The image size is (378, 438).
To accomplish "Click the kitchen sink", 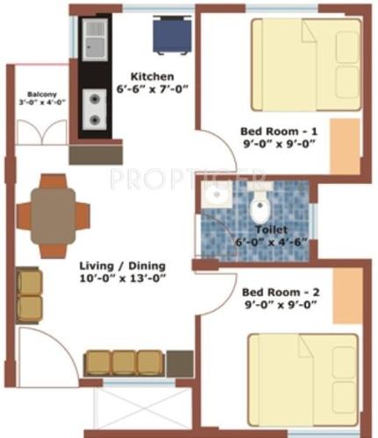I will (x=95, y=39).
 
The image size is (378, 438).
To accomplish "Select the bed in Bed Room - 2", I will (x=299, y=376).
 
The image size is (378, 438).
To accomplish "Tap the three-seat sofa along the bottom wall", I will (x=124, y=363).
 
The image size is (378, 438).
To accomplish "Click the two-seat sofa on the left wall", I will (x=30, y=294).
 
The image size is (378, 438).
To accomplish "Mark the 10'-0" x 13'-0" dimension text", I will (x=122, y=279).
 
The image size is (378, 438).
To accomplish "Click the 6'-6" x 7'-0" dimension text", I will (x=153, y=89).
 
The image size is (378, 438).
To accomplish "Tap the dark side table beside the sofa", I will (x=180, y=362).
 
